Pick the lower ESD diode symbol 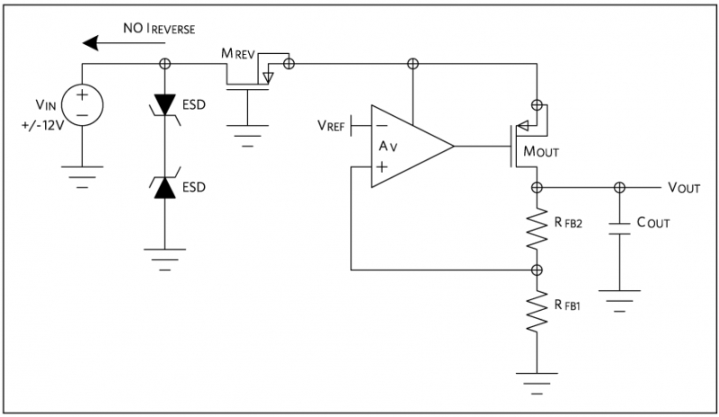pyautogui.click(x=165, y=188)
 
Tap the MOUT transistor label pyautogui.click(x=543, y=152)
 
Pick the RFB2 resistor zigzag pyautogui.click(x=537, y=231)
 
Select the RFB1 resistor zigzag pyautogui.click(x=537, y=311)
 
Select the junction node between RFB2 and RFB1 pyautogui.click(x=537, y=270)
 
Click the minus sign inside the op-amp pyautogui.click(x=382, y=126)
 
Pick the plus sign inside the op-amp pyautogui.click(x=382, y=166)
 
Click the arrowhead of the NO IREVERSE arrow pyautogui.click(x=87, y=42)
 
